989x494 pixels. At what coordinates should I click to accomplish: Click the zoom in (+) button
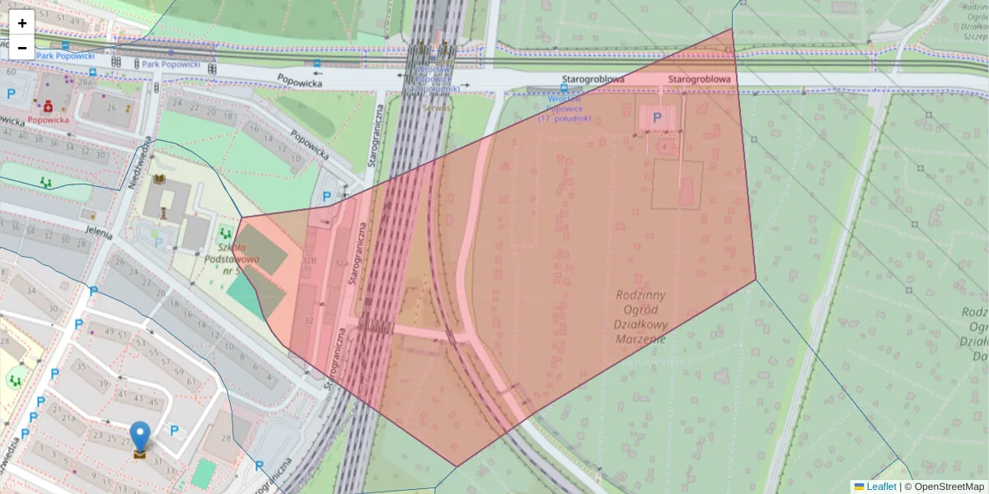(x=22, y=22)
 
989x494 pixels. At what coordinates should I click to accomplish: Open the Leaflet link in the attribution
(x=880, y=487)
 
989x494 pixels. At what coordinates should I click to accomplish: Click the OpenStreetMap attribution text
(x=948, y=487)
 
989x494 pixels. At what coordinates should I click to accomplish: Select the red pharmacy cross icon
(x=49, y=106)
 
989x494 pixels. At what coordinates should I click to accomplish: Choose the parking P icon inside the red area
(x=657, y=118)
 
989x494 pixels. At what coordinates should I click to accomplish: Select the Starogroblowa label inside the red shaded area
(x=700, y=79)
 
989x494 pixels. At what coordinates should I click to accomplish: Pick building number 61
(x=191, y=381)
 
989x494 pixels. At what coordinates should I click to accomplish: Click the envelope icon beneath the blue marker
(x=140, y=452)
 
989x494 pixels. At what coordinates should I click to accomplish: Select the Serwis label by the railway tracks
(x=436, y=106)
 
